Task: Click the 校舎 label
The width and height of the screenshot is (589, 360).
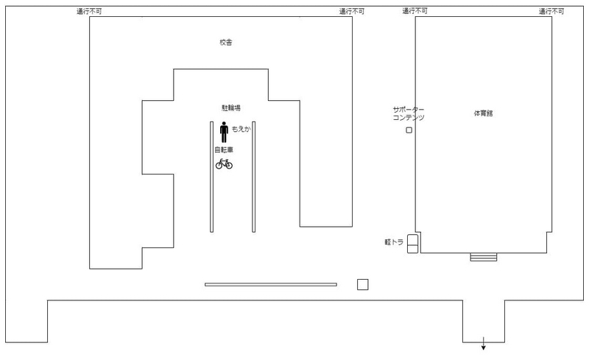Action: [x=226, y=43]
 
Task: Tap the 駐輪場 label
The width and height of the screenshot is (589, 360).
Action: [x=230, y=107]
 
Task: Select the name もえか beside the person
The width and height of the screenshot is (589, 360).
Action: [x=241, y=129]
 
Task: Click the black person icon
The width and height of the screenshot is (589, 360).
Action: [x=224, y=132]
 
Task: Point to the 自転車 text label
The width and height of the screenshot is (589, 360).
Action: [x=224, y=150]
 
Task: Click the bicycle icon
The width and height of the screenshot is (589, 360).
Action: [x=224, y=164]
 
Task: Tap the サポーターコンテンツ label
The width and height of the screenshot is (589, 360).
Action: [x=409, y=113]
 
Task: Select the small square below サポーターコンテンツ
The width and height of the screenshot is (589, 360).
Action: [x=409, y=130]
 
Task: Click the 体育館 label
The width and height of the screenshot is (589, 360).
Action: [x=483, y=113]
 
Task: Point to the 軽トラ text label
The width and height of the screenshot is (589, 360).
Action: [x=394, y=242]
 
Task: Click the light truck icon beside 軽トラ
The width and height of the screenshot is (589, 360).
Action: [x=412, y=244]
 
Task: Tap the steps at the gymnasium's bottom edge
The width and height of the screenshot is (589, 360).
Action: [x=484, y=257]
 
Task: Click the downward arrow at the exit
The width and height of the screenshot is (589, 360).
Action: [x=484, y=344]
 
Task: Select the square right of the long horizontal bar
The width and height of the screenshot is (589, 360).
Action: [x=362, y=284]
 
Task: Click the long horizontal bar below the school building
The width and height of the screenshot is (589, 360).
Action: [x=271, y=284]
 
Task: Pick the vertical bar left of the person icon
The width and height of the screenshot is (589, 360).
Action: [x=212, y=177]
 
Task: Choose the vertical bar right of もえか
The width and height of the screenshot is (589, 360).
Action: [x=254, y=177]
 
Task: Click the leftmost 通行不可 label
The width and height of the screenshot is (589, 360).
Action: [x=89, y=12]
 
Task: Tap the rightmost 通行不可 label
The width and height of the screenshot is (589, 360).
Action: [x=551, y=12]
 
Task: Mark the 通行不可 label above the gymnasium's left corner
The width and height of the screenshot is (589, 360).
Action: [x=415, y=11]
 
